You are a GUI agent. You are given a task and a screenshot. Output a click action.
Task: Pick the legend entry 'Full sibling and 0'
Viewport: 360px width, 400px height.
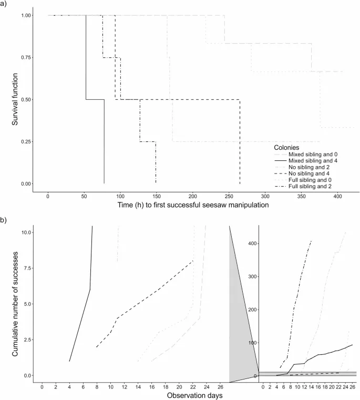[x=306, y=179]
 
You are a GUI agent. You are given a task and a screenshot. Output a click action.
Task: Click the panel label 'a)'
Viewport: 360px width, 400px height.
[x=4, y=5]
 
